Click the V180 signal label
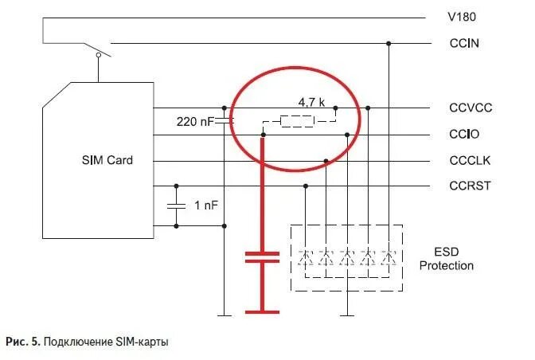pos(463,17)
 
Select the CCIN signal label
pos(463,43)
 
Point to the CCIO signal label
pos(464,135)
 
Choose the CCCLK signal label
pos(470,161)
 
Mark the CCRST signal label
pos(470,186)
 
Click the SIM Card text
pos(107,160)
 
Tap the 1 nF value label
pos(206,205)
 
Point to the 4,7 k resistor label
pos(311,103)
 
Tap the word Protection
pos(447,265)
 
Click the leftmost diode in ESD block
pos(305,258)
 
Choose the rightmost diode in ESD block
pos(389,258)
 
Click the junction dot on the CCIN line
pos(389,43)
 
